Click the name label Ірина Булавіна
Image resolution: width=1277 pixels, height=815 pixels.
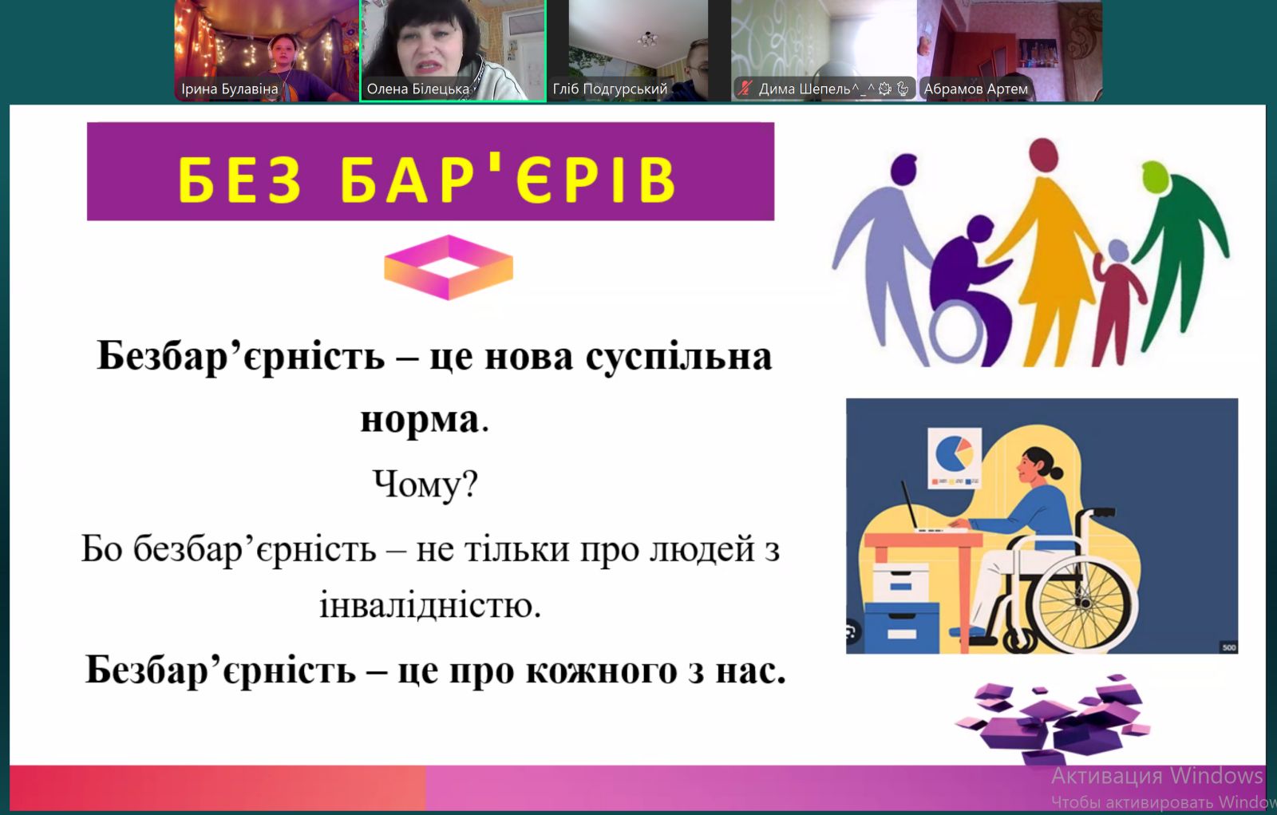[230, 89]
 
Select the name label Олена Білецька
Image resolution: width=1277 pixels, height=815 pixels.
[418, 89]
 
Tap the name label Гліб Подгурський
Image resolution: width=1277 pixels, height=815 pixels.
[610, 89]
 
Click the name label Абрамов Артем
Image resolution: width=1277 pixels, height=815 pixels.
[976, 89]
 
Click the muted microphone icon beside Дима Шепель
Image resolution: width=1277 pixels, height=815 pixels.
[745, 89]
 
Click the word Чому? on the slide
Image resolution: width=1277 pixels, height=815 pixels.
[425, 485]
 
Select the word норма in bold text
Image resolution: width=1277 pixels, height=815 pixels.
[420, 420]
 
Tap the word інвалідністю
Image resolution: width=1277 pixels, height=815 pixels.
[430, 605]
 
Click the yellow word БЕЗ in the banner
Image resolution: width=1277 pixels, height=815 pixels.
[240, 180]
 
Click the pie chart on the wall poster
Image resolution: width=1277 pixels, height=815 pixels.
[954, 453]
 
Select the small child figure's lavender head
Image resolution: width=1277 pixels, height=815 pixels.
[1118, 251]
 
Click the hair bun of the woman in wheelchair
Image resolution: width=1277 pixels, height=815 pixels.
[1056, 473]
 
